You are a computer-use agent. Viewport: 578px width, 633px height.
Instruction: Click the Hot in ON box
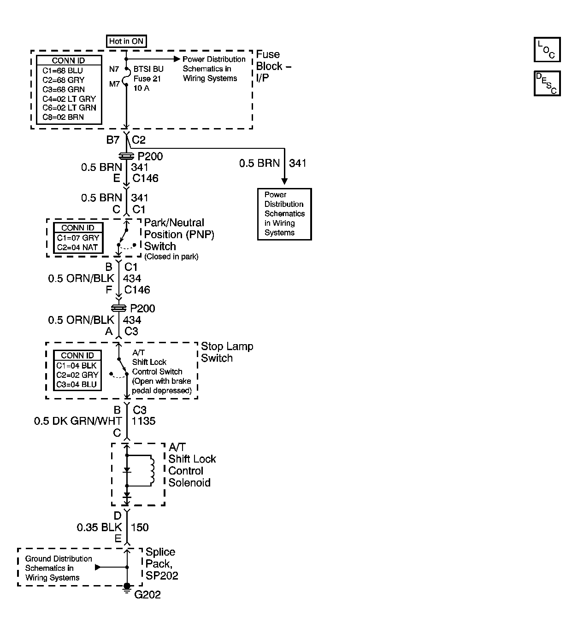click(x=126, y=41)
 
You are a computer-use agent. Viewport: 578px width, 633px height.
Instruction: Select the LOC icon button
click(x=547, y=50)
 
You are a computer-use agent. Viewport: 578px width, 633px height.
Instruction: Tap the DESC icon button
click(x=547, y=83)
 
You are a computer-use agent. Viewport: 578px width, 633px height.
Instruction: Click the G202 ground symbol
click(x=127, y=587)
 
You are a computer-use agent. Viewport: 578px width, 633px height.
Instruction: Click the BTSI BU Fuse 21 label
click(x=147, y=78)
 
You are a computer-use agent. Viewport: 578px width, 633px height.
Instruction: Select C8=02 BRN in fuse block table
click(x=63, y=117)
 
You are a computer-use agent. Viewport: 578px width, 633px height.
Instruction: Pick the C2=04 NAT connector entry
click(x=77, y=247)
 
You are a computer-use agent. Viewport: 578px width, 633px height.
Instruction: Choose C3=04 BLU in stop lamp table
click(x=77, y=384)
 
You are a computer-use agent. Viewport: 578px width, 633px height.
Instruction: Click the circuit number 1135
click(x=144, y=421)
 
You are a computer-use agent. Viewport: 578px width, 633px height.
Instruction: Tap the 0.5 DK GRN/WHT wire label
click(x=78, y=421)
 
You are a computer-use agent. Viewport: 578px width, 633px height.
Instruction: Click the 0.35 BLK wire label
click(x=99, y=527)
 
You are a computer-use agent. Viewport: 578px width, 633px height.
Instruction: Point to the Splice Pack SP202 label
click(x=161, y=563)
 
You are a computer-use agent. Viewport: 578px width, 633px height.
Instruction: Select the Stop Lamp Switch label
click(x=227, y=352)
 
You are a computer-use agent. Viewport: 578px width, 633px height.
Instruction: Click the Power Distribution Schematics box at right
click(x=284, y=214)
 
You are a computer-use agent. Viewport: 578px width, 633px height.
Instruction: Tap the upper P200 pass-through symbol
click(x=126, y=156)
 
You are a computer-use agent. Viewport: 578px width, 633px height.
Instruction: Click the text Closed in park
click(x=171, y=257)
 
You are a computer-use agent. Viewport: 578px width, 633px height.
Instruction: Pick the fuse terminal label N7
click(x=114, y=70)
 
